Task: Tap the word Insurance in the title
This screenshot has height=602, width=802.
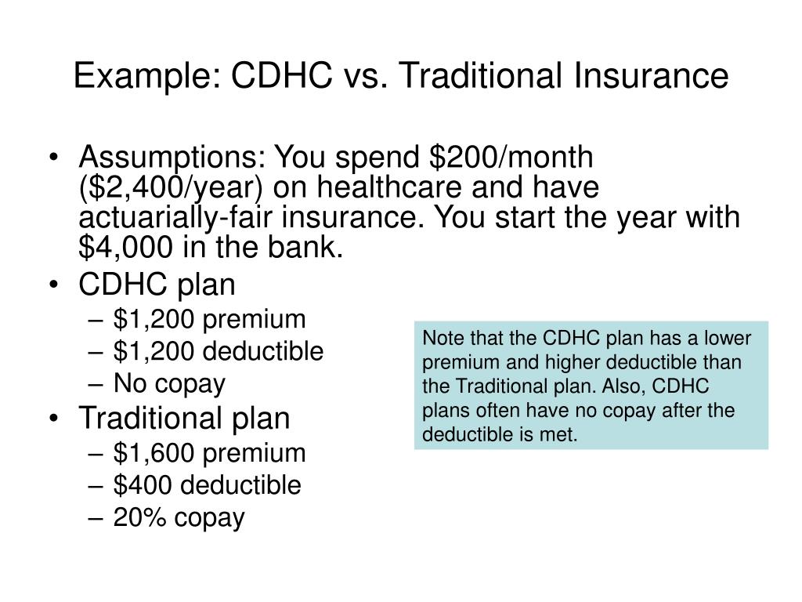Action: point(651,75)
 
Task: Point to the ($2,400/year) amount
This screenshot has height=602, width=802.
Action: point(171,187)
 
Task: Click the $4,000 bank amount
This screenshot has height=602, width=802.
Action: point(126,247)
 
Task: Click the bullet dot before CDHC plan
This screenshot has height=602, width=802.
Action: point(54,285)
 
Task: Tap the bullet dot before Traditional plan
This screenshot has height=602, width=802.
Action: point(54,419)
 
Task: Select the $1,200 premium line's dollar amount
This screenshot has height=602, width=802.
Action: point(154,320)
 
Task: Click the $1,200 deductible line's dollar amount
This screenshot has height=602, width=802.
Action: point(154,352)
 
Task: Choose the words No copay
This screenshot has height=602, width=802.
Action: point(169,384)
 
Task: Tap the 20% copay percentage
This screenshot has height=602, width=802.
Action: point(140,517)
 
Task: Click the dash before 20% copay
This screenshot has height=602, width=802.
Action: point(96,518)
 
